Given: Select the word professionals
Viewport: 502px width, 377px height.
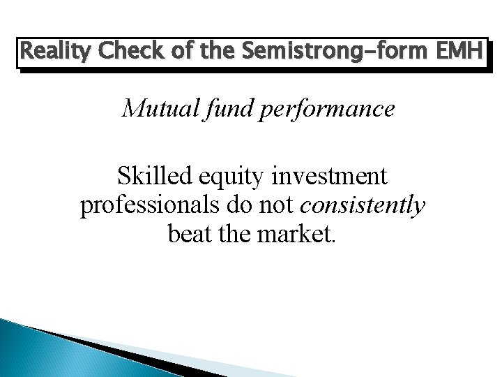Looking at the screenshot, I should coord(149,206).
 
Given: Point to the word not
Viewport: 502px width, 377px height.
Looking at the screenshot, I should coord(274,205).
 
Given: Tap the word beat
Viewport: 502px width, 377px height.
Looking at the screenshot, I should coord(192,235).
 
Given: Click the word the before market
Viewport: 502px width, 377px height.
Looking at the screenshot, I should coord(240,235).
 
